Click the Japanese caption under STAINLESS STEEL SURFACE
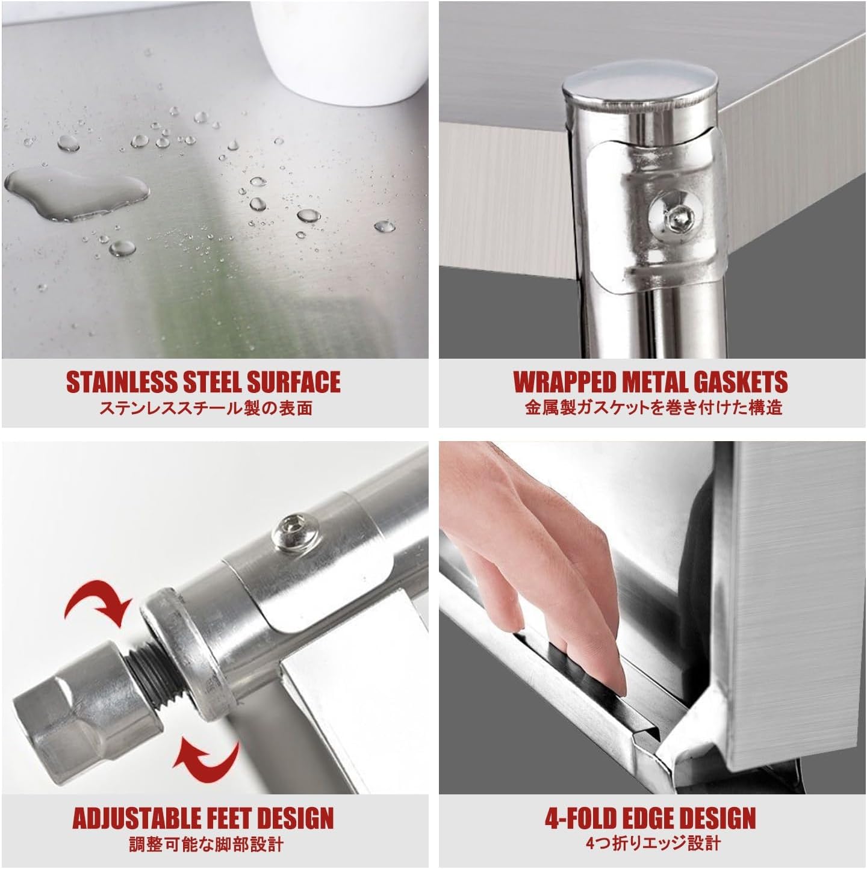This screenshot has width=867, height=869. point(206,409)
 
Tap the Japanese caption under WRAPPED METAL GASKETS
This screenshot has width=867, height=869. point(653,408)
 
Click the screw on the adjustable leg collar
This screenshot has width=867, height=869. point(296,533)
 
